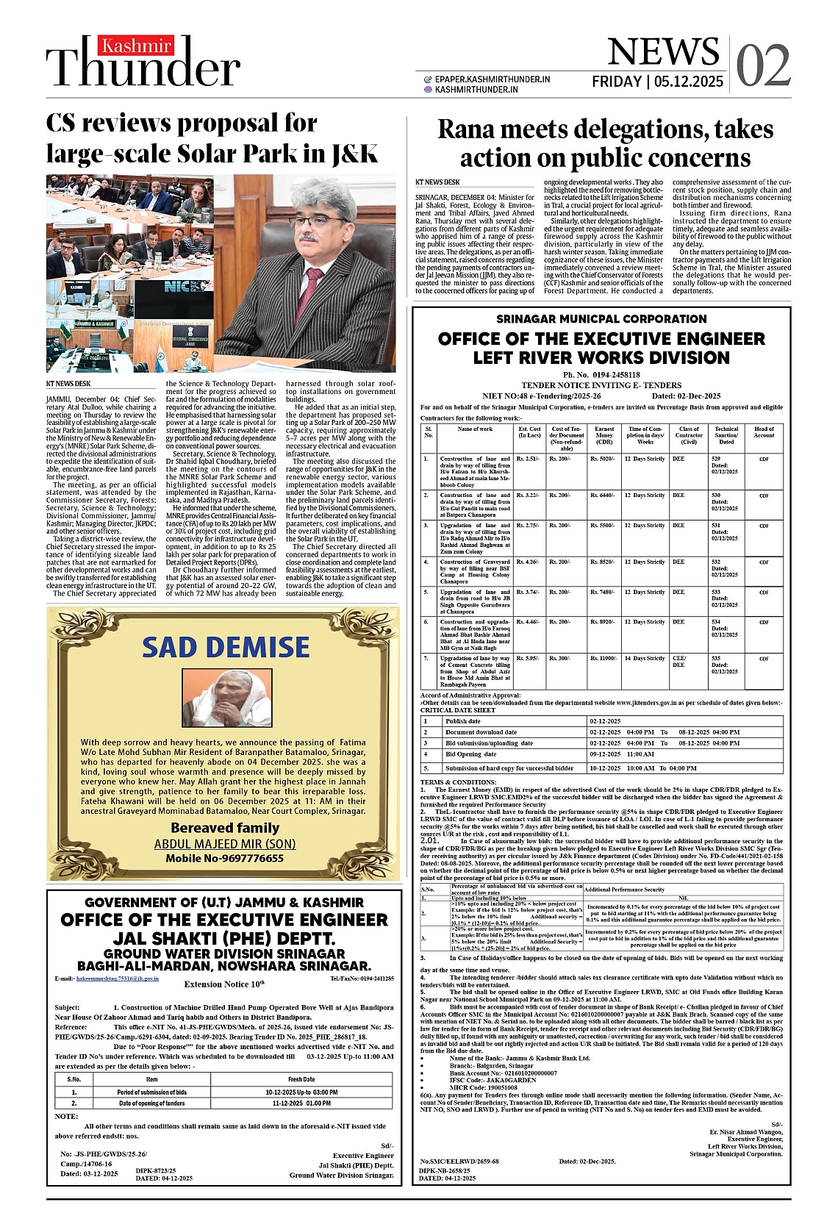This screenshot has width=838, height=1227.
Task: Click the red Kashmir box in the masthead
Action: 137,46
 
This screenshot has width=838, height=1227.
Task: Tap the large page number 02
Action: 763,66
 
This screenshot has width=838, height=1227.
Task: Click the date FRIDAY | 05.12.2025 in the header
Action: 657,82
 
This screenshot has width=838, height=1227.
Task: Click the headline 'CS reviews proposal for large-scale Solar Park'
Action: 212,138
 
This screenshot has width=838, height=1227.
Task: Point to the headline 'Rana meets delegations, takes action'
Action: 605,143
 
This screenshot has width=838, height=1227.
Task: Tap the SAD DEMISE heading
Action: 226,648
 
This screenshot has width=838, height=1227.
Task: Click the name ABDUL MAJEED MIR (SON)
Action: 225,844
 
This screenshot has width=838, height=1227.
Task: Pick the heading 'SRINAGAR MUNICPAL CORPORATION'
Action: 601,319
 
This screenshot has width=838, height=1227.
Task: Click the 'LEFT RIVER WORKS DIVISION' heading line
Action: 601,358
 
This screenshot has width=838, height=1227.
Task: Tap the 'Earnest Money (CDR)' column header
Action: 604,435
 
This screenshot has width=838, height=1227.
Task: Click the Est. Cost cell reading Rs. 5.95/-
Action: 528,659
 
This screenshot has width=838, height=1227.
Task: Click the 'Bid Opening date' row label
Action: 470,754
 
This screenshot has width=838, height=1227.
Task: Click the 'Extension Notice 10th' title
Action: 224,984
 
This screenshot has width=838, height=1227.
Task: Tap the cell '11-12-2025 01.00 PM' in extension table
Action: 301,1103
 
